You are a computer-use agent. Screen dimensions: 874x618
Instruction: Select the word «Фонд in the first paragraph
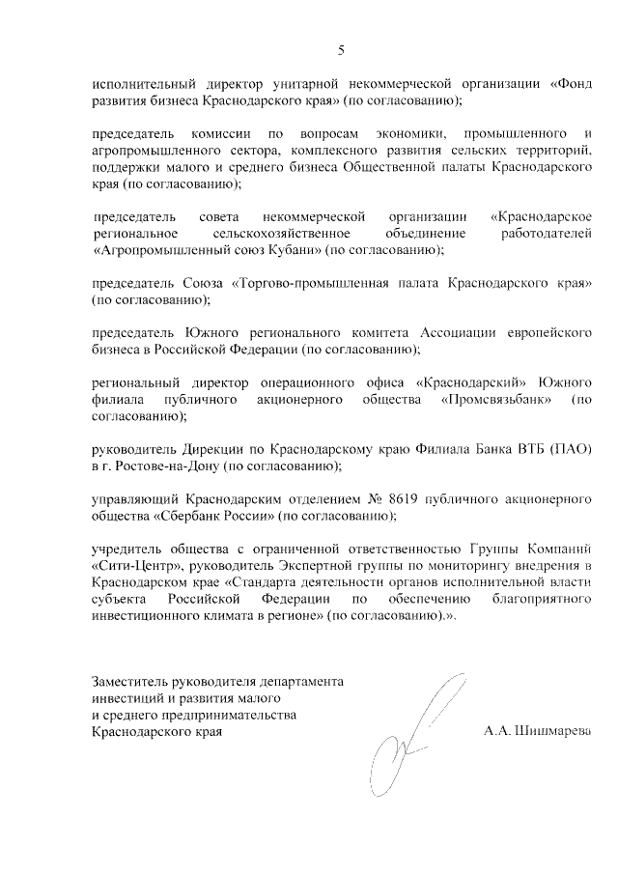[570, 84]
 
